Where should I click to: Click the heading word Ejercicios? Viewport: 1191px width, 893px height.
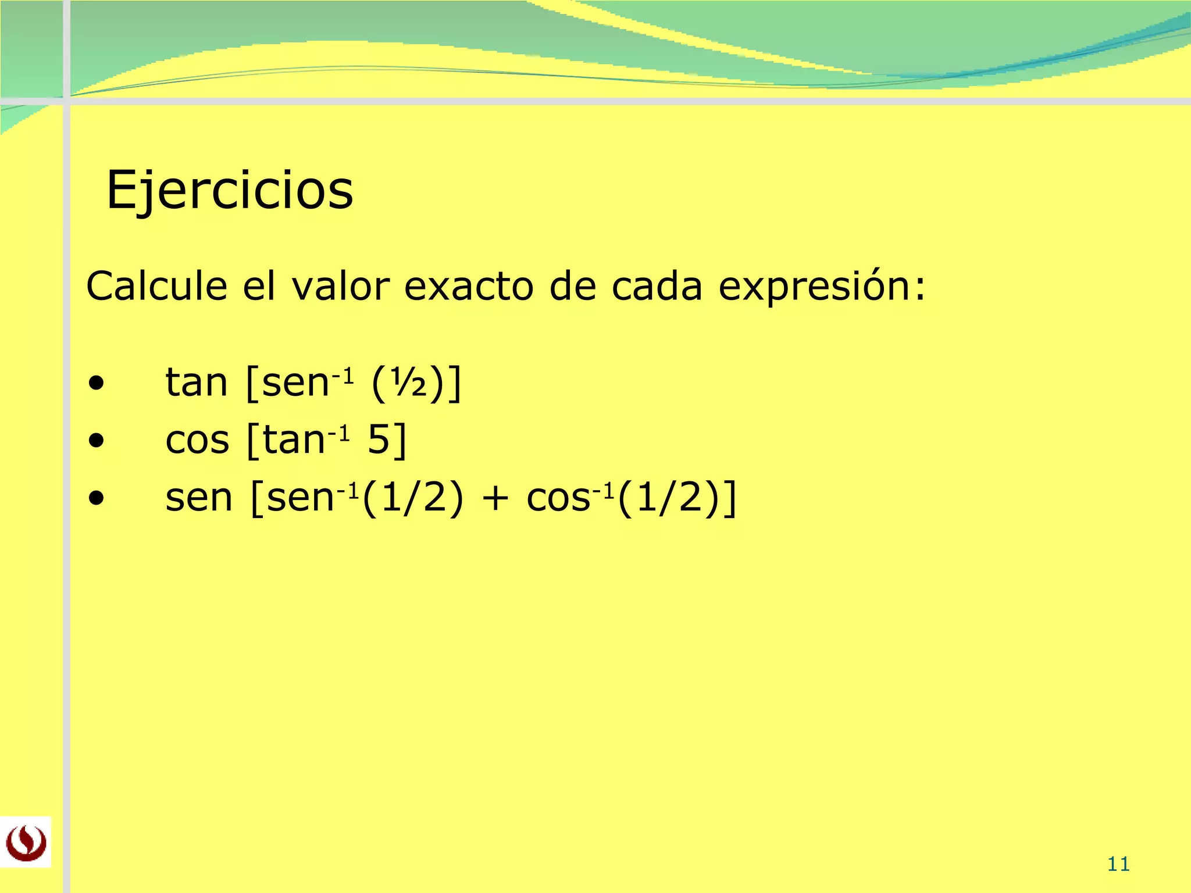[230, 190]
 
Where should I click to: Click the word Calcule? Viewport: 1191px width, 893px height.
[156, 286]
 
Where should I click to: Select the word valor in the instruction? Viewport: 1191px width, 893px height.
[340, 286]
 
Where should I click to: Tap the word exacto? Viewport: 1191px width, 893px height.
[469, 286]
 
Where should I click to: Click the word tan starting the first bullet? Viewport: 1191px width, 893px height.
[196, 383]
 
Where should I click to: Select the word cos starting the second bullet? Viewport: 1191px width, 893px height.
[197, 440]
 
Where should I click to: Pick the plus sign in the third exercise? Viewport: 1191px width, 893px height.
[495, 498]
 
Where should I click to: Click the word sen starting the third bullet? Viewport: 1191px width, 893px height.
[199, 498]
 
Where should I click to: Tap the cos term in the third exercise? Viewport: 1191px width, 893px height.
[558, 498]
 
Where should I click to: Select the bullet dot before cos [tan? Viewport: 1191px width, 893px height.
[97, 441]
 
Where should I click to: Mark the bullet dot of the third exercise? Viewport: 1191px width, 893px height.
[97, 498]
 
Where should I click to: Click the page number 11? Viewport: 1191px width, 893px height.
[1118, 865]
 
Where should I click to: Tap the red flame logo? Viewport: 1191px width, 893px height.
[26, 842]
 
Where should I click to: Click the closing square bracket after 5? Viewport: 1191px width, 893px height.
[400, 440]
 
